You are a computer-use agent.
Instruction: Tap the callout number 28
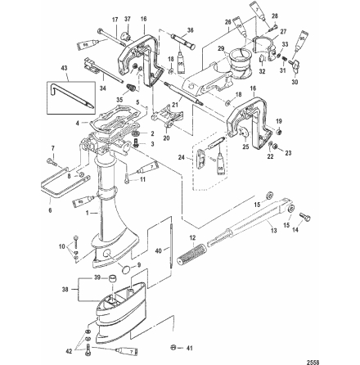[274, 16]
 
